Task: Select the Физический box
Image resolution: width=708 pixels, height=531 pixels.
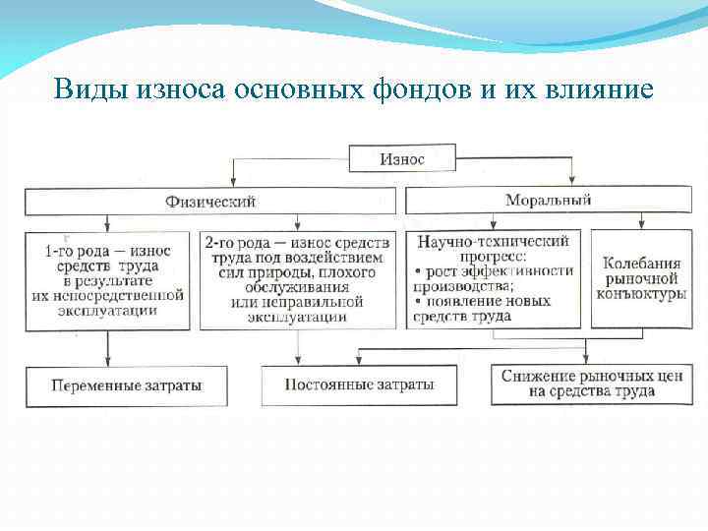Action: pyautogui.click(x=210, y=201)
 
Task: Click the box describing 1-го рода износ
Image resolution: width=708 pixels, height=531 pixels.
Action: pyautogui.click(x=107, y=279)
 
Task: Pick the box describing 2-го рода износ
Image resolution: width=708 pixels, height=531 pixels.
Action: pyautogui.click(x=297, y=279)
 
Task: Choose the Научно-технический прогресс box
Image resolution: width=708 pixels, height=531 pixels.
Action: pyautogui.click(x=494, y=279)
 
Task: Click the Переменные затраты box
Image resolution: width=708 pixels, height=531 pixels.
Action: pyautogui.click(x=127, y=385)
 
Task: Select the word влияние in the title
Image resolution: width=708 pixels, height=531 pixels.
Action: pyautogui.click(x=604, y=89)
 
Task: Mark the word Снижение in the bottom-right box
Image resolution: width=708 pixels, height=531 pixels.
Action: pyautogui.click(x=539, y=376)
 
